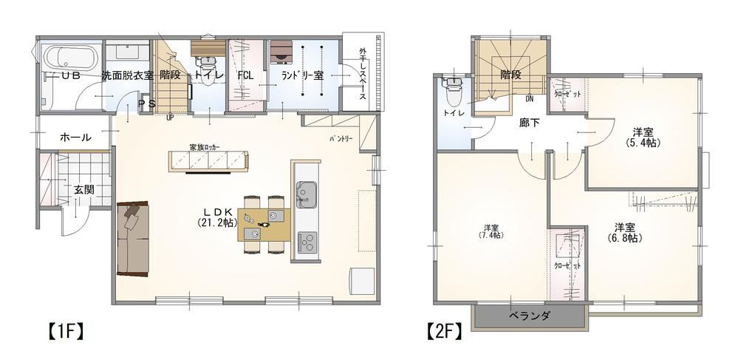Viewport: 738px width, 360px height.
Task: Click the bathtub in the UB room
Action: click(x=71, y=58)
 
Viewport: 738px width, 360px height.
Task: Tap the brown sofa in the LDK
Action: click(x=132, y=238)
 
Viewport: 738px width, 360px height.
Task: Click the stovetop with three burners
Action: click(x=307, y=243)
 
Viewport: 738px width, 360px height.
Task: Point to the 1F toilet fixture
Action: click(x=205, y=69)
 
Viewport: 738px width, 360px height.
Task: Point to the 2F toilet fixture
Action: click(x=453, y=92)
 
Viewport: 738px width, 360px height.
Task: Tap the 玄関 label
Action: click(x=84, y=190)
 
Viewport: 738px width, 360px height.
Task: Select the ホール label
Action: click(x=75, y=137)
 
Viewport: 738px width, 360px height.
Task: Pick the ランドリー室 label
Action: click(x=302, y=76)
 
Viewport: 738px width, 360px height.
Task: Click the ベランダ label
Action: click(x=530, y=316)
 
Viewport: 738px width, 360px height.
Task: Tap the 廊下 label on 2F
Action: click(x=530, y=123)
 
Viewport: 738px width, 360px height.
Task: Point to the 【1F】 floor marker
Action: click(x=65, y=331)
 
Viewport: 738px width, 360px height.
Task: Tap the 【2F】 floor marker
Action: click(x=444, y=331)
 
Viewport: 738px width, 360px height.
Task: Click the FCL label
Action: click(x=246, y=76)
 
